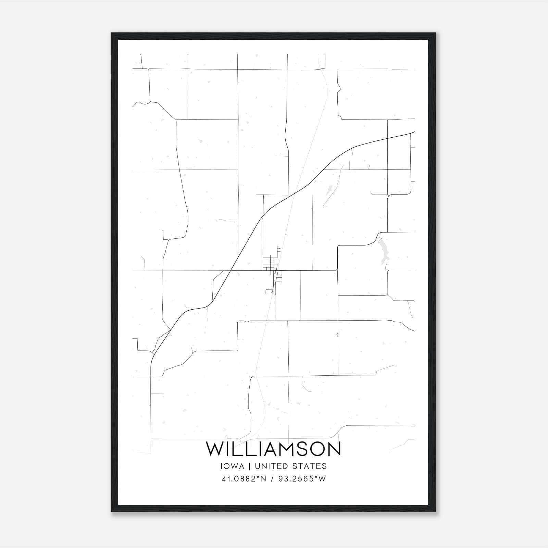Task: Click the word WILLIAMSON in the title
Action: (x=273, y=449)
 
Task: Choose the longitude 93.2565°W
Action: (x=302, y=479)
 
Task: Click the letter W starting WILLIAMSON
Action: (x=214, y=449)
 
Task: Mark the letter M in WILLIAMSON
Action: (x=283, y=449)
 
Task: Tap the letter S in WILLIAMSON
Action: (x=300, y=449)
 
